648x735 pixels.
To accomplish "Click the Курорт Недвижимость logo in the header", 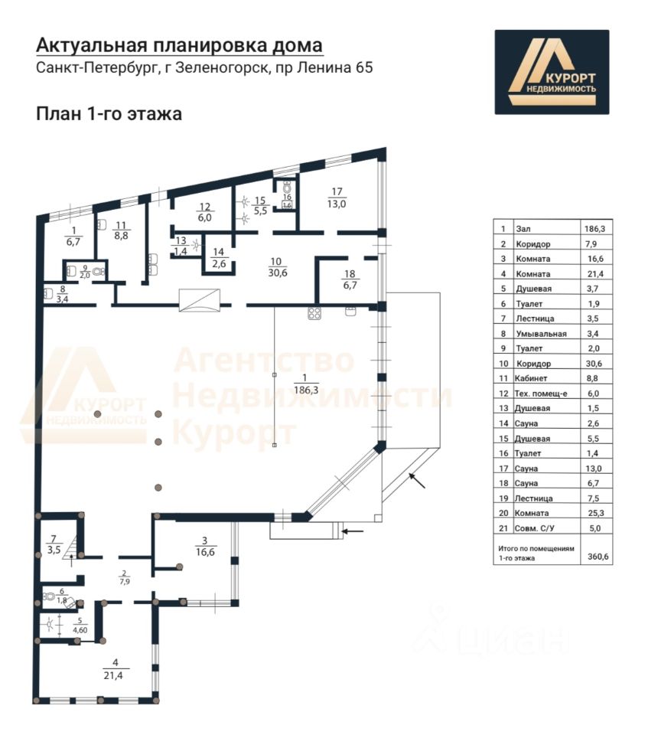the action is click(551, 72).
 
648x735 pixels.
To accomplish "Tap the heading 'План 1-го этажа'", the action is click(108, 114).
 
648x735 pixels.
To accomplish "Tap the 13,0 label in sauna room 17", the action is click(337, 204).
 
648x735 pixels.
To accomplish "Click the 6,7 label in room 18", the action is click(349, 286).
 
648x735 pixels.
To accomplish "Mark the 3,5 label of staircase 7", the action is click(54, 549).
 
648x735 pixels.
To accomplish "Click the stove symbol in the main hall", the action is click(314, 312).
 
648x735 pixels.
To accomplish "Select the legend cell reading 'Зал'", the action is click(524, 228).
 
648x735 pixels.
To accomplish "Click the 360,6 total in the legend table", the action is click(598, 557).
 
